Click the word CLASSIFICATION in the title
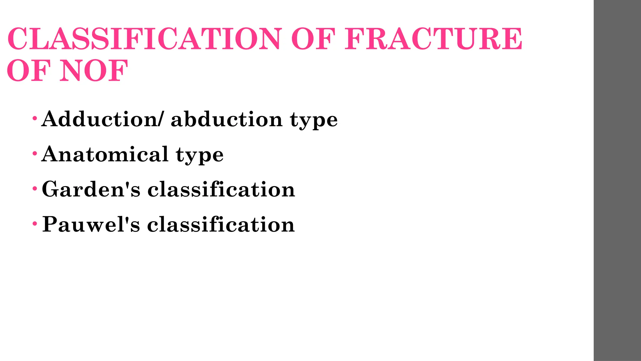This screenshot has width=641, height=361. click(x=144, y=39)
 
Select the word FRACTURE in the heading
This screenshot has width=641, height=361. click(x=433, y=39)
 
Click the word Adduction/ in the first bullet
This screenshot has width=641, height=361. click(x=102, y=119)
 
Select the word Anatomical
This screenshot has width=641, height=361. click(x=105, y=154)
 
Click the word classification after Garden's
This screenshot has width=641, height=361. click(x=221, y=189)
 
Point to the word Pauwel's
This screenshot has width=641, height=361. click(x=91, y=224)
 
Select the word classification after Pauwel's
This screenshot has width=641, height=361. click(x=221, y=224)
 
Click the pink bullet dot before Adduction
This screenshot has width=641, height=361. click(x=35, y=118)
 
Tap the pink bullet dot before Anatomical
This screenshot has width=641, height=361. click(x=35, y=154)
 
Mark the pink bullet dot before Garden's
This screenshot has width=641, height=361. click(x=35, y=189)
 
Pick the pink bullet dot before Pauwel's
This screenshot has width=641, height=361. click(x=35, y=224)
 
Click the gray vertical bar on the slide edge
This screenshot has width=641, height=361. click(x=617, y=180)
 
